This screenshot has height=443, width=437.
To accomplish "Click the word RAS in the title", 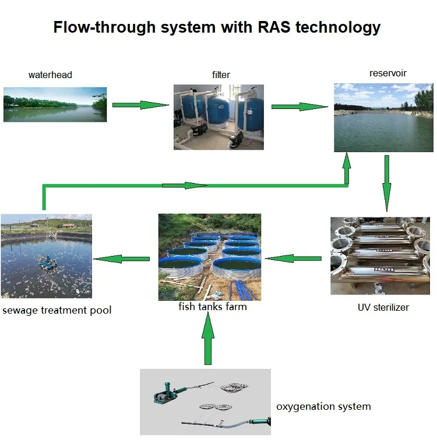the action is click(274, 27).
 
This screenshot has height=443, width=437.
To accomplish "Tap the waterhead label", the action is click(50, 75).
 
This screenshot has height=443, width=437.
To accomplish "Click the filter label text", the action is click(221, 75).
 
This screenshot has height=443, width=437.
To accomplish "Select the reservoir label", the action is click(388, 73).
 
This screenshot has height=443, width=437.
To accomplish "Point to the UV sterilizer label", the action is click(383, 307).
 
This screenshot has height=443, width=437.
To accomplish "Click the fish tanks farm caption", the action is click(213, 307).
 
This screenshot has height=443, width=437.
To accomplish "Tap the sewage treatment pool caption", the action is click(57, 310).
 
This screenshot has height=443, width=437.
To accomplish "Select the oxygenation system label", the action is click(323, 407).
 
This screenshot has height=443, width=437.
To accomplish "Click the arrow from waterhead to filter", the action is click(140, 105).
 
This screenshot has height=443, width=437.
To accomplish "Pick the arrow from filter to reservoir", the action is click(299, 107).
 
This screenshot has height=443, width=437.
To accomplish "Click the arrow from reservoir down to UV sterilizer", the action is click(387, 183).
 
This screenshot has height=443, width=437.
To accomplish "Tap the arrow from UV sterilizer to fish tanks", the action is click(294, 258).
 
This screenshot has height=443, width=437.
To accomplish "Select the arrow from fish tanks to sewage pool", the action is click(121, 259).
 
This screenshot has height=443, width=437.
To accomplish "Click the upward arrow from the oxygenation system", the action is click(208, 338).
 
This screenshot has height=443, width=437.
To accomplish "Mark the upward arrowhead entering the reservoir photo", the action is click(347, 161).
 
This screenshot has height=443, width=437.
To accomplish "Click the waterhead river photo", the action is click(55, 104).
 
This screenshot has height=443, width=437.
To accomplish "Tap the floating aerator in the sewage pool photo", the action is click(48, 264).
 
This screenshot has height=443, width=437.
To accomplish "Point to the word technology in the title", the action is click(338, 28).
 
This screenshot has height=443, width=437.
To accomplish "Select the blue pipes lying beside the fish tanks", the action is click(243, 290).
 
